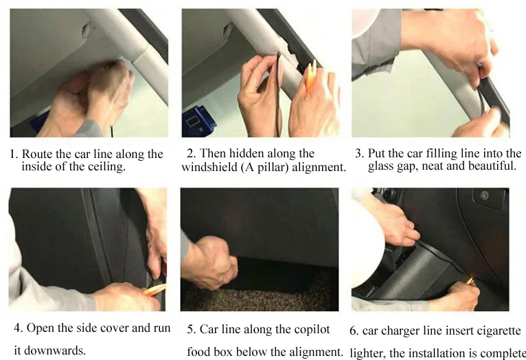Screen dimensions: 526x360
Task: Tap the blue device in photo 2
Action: click(x=198, y=122)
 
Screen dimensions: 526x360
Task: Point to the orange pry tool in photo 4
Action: click(x=155, y=289)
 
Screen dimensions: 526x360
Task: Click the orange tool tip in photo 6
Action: click(x=470, y=280)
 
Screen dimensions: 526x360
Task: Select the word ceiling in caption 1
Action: click(x=106, y=167)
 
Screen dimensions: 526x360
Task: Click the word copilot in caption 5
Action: click(x=312, y=330)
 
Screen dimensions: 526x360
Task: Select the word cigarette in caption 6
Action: click(x=499, y=331)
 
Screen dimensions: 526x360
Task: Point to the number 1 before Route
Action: click(x=13, y=155)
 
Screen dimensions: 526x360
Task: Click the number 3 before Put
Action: click(x=359, y=153)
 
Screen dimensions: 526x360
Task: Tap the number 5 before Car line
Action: click(x=191, y=330)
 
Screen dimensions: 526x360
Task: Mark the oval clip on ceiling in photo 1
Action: click(x=87, y=30)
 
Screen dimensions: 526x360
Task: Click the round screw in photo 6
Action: click(x=484, y=195)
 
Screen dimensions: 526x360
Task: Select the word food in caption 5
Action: click(x=198, y=352)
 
